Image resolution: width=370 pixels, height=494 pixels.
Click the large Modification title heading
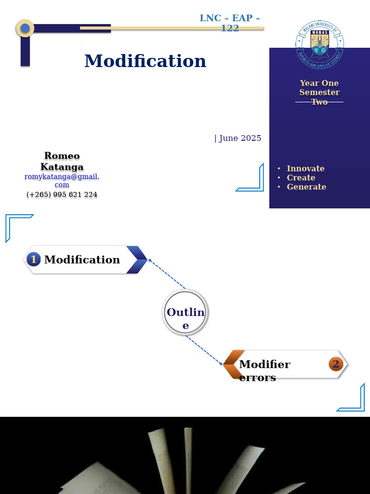(145, 61)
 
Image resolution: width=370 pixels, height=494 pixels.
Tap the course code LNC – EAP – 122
(230, 23)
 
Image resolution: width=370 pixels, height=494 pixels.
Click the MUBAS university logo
(319, 44)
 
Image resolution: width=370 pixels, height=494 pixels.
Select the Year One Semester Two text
(319, 92)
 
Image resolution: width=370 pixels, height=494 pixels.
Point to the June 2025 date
(238, 138)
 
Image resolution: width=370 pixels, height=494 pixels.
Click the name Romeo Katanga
(62, 161)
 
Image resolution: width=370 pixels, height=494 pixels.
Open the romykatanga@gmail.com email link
(62, 180)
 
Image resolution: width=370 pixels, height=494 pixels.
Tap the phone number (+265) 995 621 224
(62, 194)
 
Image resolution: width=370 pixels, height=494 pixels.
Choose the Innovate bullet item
(305, 168)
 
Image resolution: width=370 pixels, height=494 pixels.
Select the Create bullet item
(301, 178)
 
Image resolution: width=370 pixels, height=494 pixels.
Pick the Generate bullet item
(306, 187)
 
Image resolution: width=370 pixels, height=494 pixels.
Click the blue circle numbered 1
(33, 260)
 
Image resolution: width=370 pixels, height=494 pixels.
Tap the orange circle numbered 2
(336, 364)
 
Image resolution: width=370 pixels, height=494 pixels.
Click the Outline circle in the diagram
(185, 313)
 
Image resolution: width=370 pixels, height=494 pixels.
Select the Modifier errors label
(264, 370)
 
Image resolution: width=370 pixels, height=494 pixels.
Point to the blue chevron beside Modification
(137, 260)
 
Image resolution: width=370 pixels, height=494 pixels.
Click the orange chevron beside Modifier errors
(233, 364)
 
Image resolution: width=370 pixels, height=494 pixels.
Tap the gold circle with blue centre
(25, 28)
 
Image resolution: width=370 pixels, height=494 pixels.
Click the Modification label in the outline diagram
(82, 260)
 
